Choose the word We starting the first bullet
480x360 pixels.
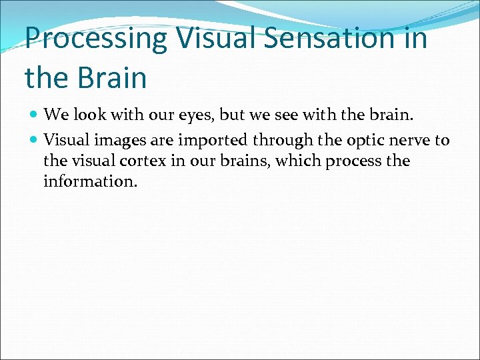[57, 115]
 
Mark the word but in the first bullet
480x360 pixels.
[232, 115]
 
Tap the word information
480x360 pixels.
[90, 181]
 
